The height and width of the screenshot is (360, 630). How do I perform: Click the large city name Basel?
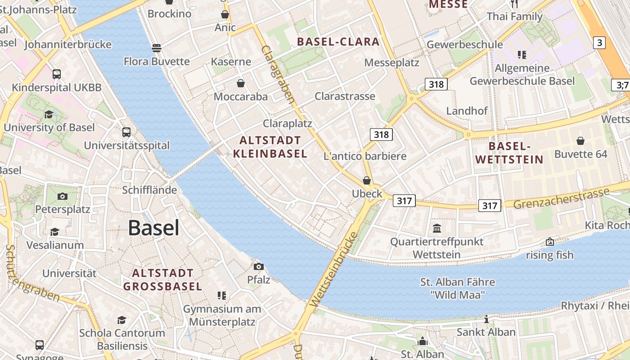pyautogui.click(x=153, y=228)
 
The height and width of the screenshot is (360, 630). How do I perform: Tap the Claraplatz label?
pyautogui.click(x=287, y=123)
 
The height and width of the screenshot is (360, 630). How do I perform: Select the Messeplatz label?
pyautogui.click(x=391, y=63)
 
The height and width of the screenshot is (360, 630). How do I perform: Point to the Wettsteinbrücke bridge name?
pyautogui.click(x=333, y=270)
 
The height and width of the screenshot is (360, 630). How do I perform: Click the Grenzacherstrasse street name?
pyautogui.click(x=561, y=198)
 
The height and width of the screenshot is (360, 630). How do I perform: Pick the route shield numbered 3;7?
pyautogui.click(x=622, y=85)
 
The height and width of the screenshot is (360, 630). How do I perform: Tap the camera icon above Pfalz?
pyautogui.click(x=258, y=266)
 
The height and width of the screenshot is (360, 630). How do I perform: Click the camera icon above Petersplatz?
pyautogui.click(x=63, y=196)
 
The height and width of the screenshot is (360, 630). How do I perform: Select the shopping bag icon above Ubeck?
pyautogui.click(x=367, y=181)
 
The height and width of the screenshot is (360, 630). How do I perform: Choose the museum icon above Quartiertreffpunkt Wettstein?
pyautogui.click(x=437, y=229)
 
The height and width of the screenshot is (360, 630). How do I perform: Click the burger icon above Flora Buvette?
pyautogui.click(x=156, y=48)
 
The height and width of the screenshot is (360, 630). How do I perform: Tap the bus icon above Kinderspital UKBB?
pyautogui.click(x=57, y=74)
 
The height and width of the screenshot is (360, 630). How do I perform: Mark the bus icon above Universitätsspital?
pyautogui.click(x=126, y=132)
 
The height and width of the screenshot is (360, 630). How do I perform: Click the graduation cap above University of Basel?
pyautogui.click(x=49, y=114)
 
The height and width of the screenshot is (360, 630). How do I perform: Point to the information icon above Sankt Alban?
pyautogui.click(x=486, y=319)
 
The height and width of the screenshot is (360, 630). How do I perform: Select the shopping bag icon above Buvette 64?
pyautogui.click(x=580, y=141)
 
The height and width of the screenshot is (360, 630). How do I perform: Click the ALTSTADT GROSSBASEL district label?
pyautogui.click(x=162, y=279)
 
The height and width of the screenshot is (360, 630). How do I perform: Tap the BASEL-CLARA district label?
pyautogui.click(x=338, y=42)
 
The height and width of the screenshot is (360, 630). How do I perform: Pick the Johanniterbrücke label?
pyautogui.click(x=67, y=45)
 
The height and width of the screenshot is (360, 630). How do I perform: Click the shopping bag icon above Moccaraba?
pyautogui.click(x=241, y=83)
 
